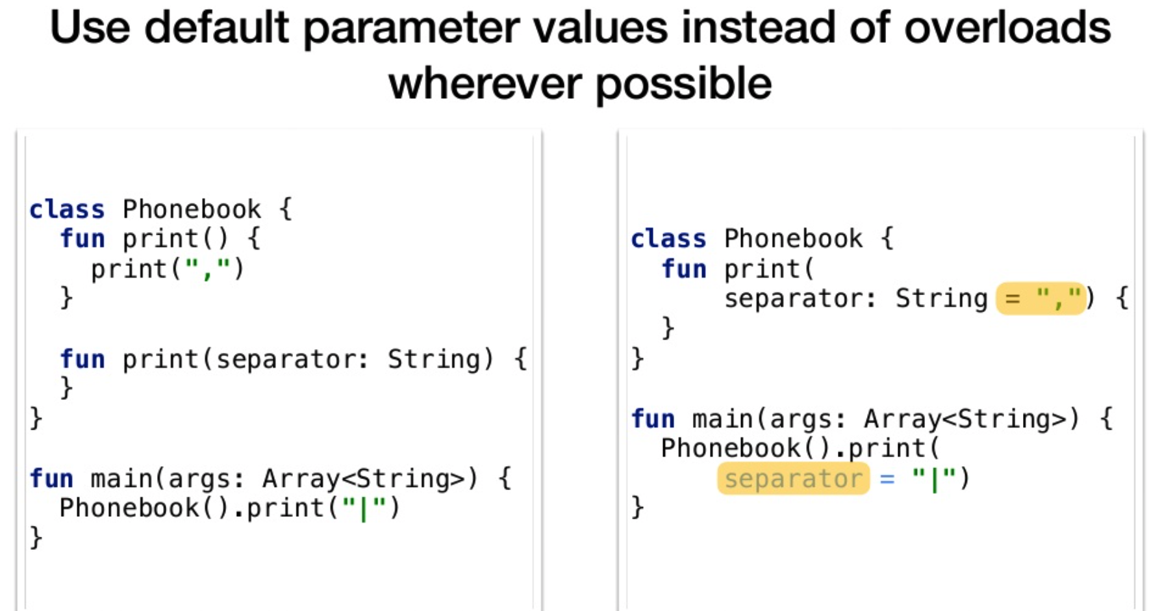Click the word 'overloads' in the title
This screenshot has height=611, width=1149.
click(1007, 27)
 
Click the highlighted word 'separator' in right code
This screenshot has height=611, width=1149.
click(793, 479)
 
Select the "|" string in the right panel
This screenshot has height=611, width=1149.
click(934, 479)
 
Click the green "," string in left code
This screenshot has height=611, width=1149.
click(207, 268)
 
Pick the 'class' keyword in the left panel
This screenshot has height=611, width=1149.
click(67, 209)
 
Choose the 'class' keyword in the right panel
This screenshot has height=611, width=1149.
click(668, 239)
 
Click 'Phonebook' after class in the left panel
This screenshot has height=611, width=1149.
click(192, 209)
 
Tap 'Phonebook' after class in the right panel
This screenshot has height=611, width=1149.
click(793, 239)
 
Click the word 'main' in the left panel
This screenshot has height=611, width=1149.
click(121, 479)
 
